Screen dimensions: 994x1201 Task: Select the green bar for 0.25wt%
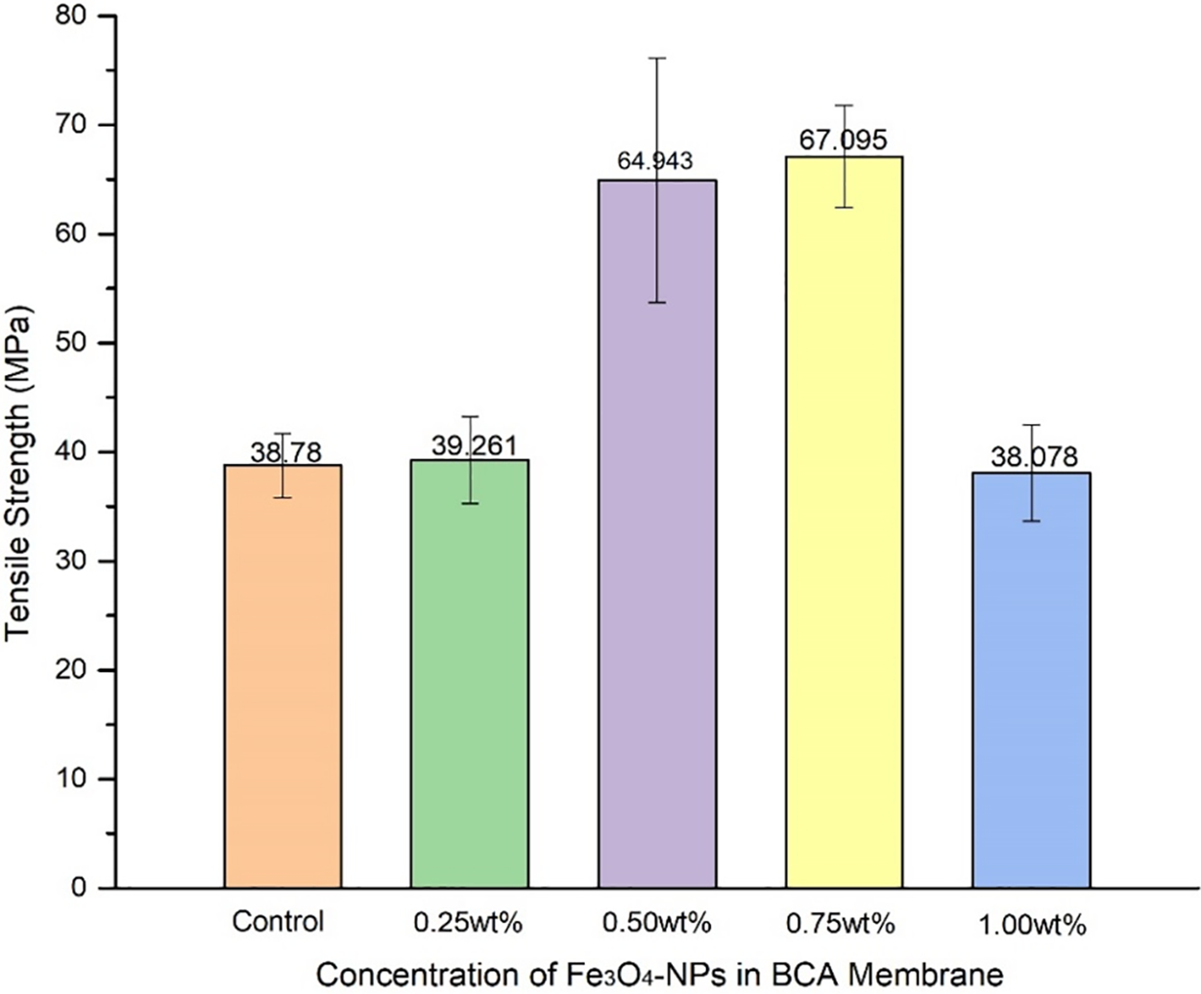pyautogui.click(x=469, y=673)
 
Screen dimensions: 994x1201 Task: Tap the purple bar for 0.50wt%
pyautogui.click(x=657, y=577)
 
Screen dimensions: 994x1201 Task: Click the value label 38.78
pyautogui.click(x=285, y=452)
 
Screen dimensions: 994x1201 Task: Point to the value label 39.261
pyautogui.click(x=471, y=446)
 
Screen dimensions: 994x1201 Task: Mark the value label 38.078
pyautogui.click(x=1034, y=458)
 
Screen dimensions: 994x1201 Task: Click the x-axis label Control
pyautogui.click(x=278, y=921)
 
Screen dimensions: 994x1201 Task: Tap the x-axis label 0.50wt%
pyautogui.click(x=656, y=923)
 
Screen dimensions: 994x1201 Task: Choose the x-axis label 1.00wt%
pyautogui.click(x=1032, y=925)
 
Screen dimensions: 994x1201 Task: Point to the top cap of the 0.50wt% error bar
pyautogui.click(x=657, y=59)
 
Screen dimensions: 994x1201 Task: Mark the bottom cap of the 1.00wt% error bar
pyautogui.click(x=1031, y=521)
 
